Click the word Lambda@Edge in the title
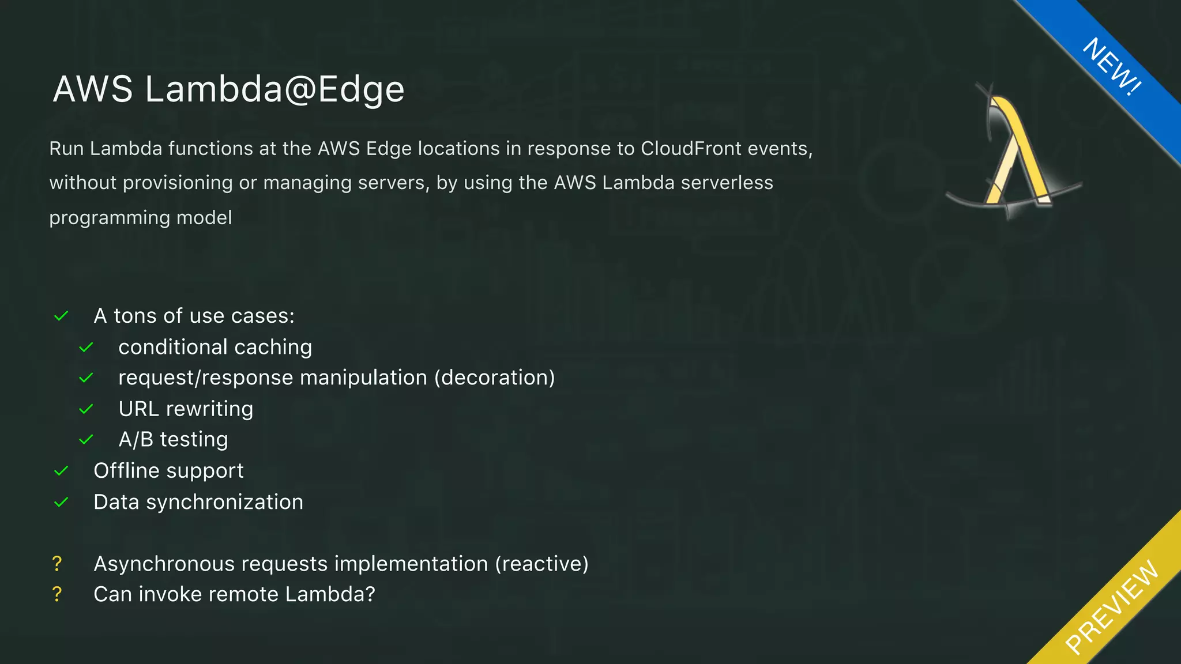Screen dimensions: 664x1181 274,90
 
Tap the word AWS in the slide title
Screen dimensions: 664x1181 93,90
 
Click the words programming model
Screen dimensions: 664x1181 140,218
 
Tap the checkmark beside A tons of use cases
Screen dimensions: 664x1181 61,316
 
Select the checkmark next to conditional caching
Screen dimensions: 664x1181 86,348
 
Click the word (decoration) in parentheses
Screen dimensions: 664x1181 494,378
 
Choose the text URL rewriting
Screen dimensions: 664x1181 186,409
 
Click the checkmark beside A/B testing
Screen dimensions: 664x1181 86,440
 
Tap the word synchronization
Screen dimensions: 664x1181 224,503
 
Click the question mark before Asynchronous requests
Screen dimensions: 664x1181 57,564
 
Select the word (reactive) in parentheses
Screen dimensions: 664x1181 541,564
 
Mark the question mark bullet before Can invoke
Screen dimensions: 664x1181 57,594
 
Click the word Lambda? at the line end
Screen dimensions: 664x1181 330,594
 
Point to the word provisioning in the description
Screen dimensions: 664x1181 178,183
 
